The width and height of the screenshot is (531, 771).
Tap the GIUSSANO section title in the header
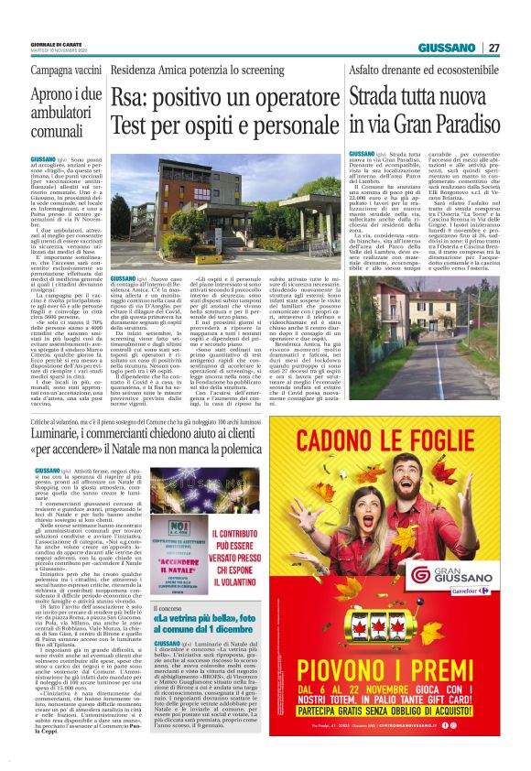447,48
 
